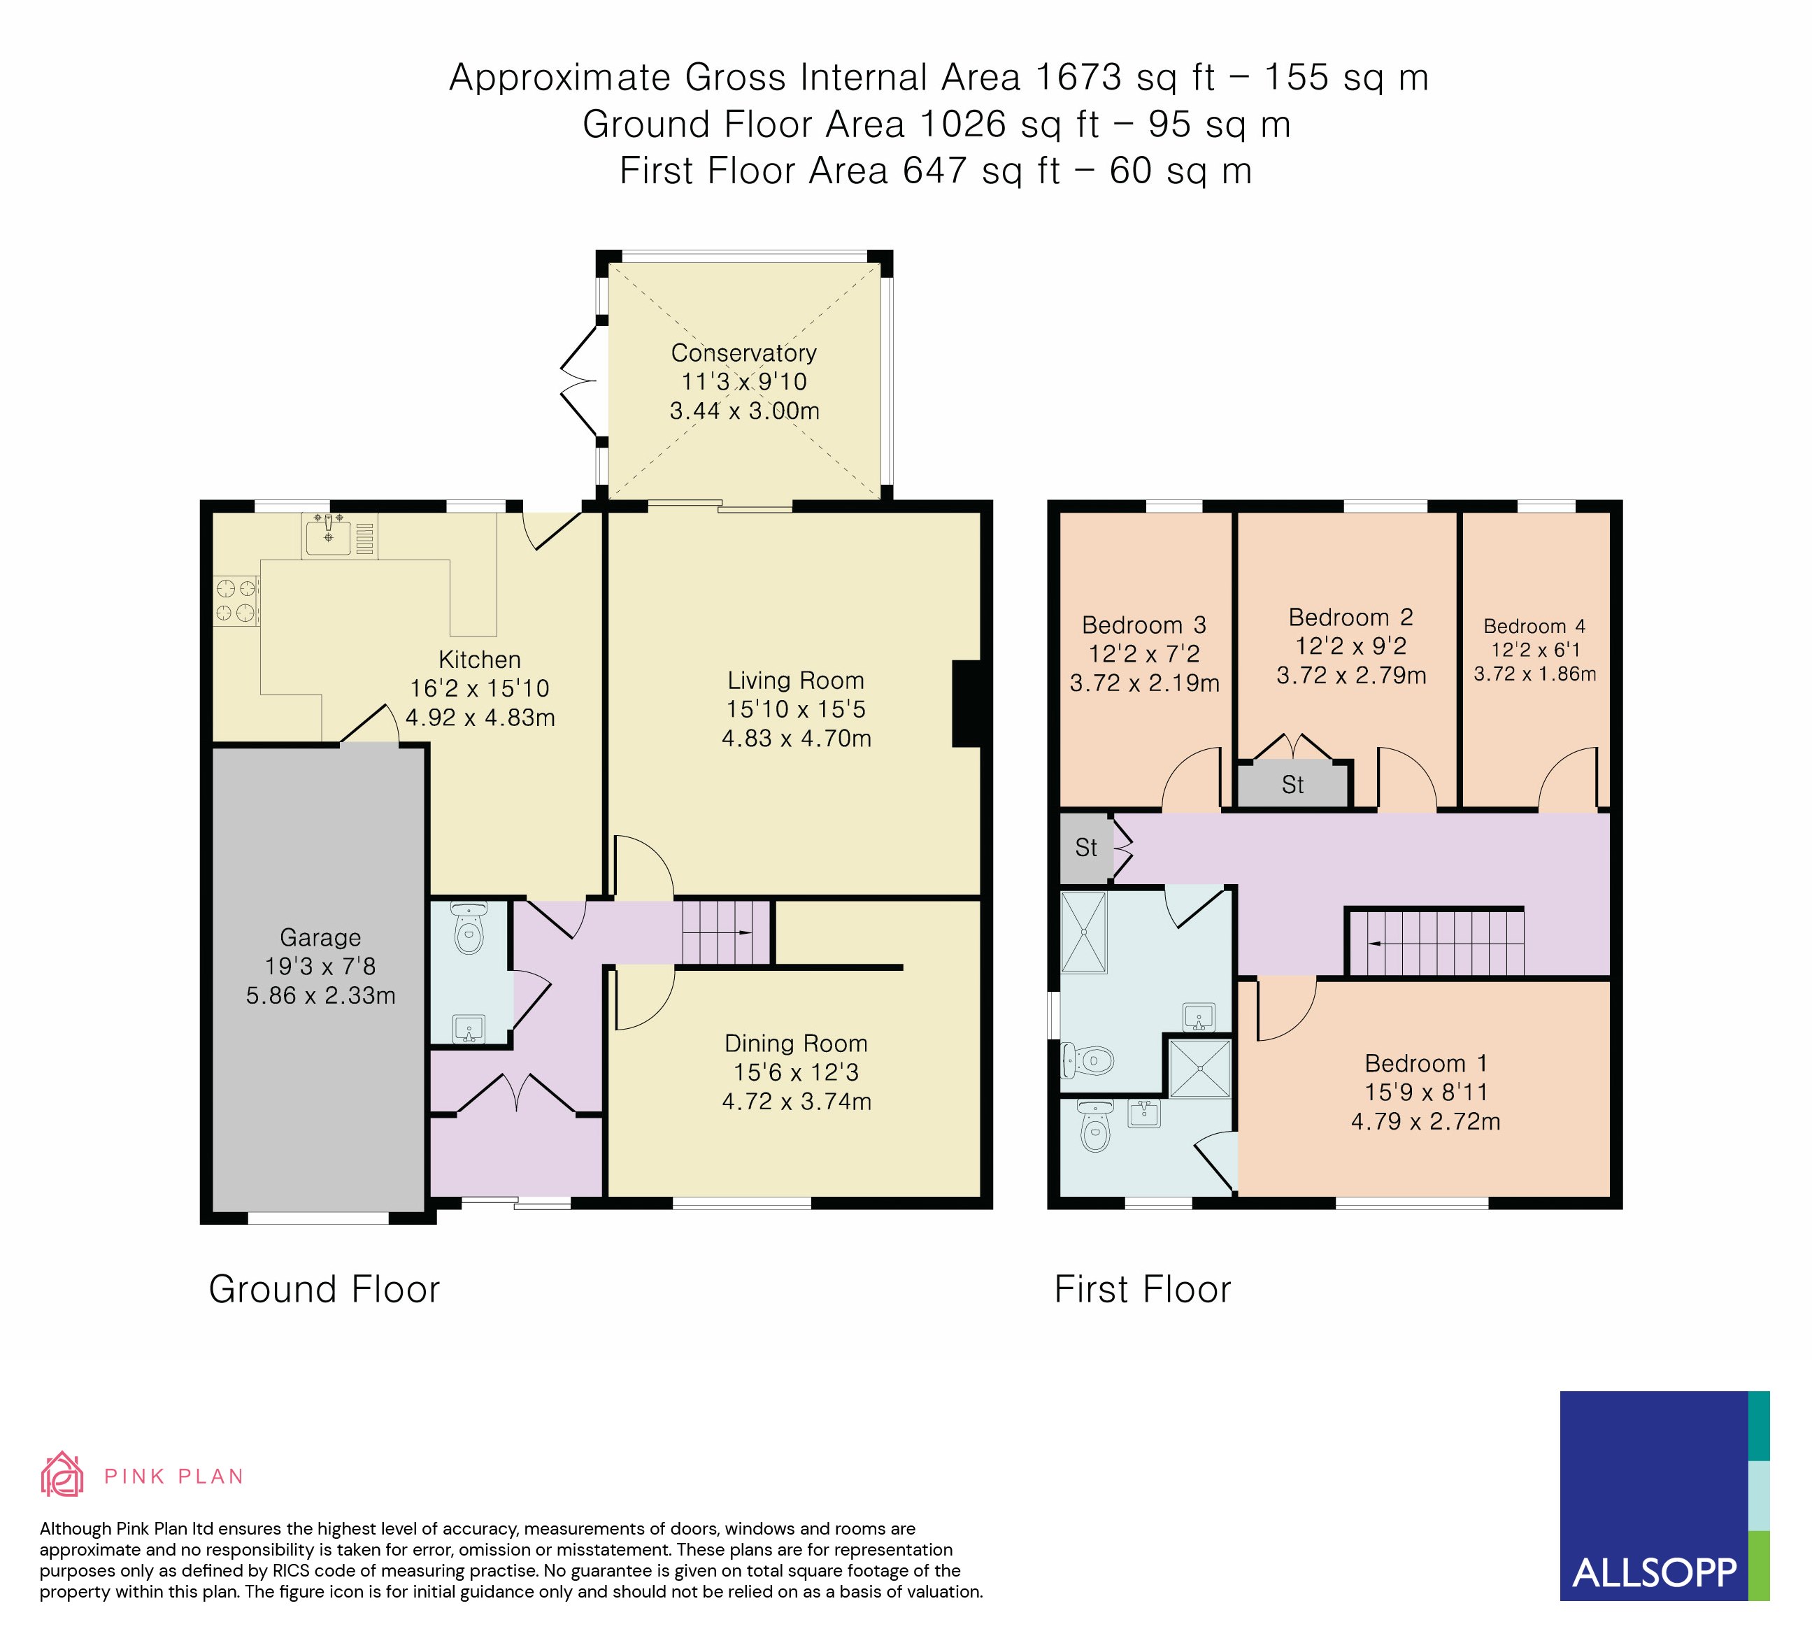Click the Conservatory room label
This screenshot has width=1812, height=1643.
(743, 353)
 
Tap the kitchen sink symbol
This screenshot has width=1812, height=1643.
(328, 536)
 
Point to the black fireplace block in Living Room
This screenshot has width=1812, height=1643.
(966, 704)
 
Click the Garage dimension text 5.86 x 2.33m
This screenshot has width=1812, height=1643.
(320, 996)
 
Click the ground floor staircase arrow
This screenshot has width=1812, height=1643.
(744, 933)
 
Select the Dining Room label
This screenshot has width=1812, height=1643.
(795, 1044)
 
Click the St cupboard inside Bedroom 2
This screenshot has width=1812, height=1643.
(1292, 785)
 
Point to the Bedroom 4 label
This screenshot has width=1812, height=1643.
(1534, 627)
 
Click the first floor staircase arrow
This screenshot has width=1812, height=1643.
(1375, 943)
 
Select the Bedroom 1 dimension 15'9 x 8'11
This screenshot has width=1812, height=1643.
(1425, 1092)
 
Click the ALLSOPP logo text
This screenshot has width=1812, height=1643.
(1654, 1572)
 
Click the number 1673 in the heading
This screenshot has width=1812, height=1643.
(1078, 78)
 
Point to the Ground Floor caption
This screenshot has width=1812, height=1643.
(324, 1290)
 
